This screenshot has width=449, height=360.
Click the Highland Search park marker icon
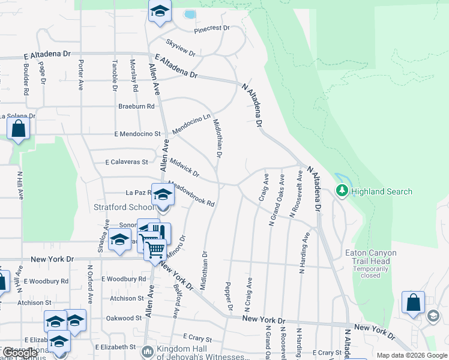click(x=342, y=191)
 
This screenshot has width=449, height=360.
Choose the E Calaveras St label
click(x=126, y=162)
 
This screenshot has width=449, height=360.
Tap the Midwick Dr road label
click(x=184, y=168)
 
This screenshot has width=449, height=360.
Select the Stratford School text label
click(x=124, y=208)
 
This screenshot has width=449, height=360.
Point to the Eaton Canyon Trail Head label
click(x=367, y=257)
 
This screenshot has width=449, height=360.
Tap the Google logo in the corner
click(x=19, y=353)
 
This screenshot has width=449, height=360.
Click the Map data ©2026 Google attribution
click(x=412, y=355)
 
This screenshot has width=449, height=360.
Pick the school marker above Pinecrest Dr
click(x=160, y=11)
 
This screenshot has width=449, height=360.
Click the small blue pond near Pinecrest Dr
click(x=190, y=14)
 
